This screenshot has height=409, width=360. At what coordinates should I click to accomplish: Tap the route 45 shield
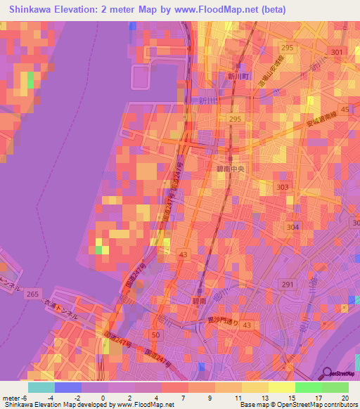(345, 110)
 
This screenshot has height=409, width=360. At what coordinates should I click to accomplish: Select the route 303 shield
(283, 187)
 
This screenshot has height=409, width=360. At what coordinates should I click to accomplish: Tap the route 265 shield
(32, 294)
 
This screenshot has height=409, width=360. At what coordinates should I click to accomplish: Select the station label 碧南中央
(230, 169)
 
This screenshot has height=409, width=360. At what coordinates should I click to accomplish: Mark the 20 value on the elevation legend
(345, 397)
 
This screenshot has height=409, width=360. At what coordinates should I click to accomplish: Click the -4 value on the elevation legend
(50, 397)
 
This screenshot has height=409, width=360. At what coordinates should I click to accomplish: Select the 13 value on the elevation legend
(265, 397)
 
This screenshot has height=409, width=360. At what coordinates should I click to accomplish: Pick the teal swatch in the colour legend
(41, 387)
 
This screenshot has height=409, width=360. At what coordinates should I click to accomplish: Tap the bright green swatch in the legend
(308, 387)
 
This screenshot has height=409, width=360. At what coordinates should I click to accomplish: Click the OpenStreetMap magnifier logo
(326, 373)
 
